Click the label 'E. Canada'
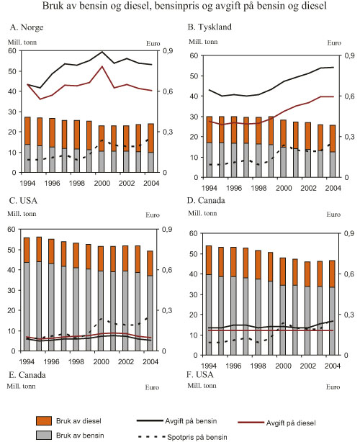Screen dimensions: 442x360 (26, 376)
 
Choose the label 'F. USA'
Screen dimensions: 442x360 (199, 376)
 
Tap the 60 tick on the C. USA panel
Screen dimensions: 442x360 (12, 229)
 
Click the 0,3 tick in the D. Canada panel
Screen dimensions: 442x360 (345, 315)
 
